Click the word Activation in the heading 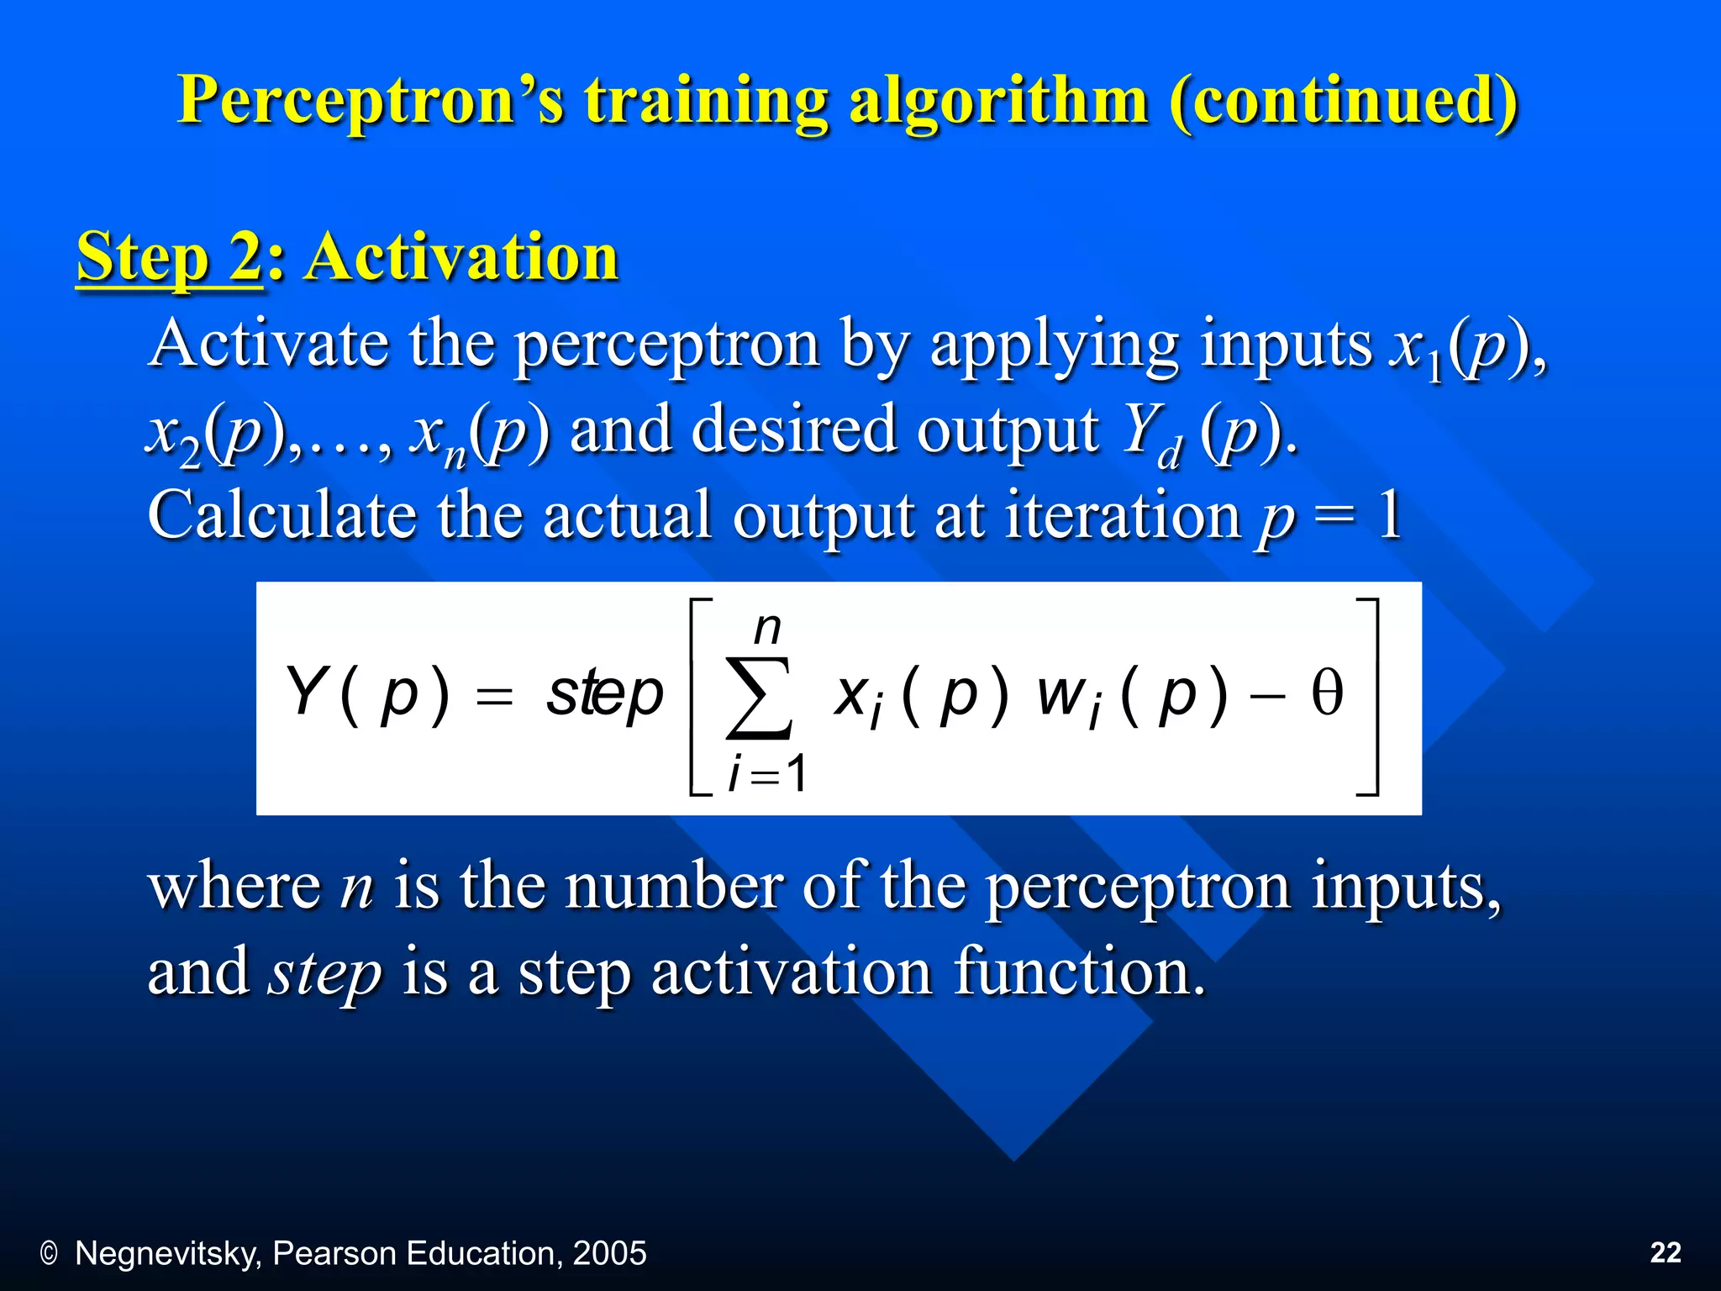[462, 256]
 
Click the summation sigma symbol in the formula [759, 698]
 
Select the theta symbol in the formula [1327, 694]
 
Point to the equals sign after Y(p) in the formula [494, 697]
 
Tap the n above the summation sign [767, 628]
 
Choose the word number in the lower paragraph [673, 887]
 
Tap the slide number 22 [1666, 1252]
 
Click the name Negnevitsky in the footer [169, 1253]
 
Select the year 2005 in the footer [609, 1253]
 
